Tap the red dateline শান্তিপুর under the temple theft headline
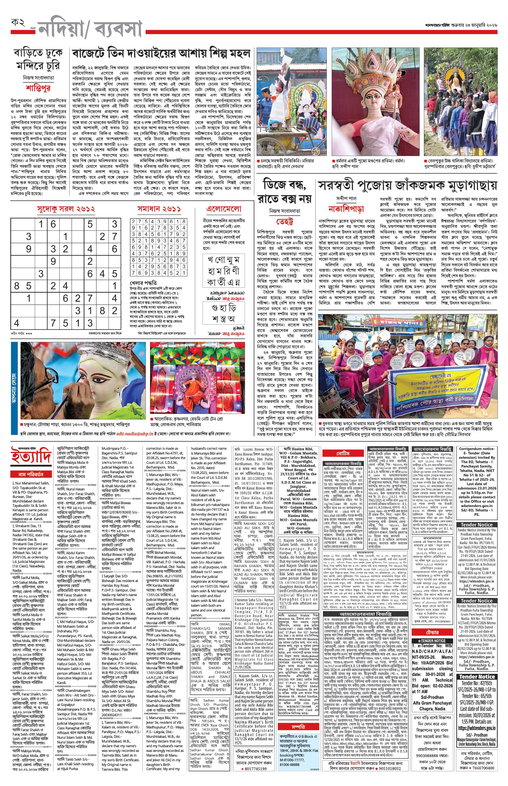tap(38, 88)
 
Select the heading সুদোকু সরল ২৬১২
tap(66, 209)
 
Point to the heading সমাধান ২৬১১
tap(159, 209)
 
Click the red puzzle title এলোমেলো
tap(223, 209)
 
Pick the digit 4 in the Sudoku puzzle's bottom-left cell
tap(17, 323)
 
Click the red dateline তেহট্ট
tap(284, 221)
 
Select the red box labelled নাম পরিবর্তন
tap(31, 474)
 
